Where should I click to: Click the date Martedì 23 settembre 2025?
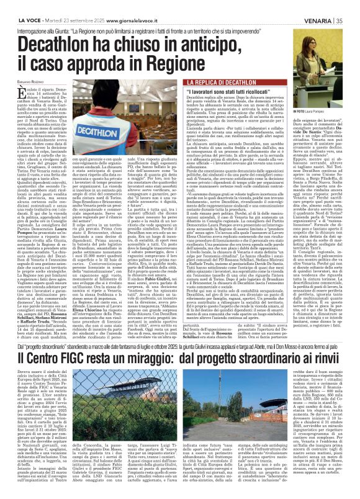(69, 5)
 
